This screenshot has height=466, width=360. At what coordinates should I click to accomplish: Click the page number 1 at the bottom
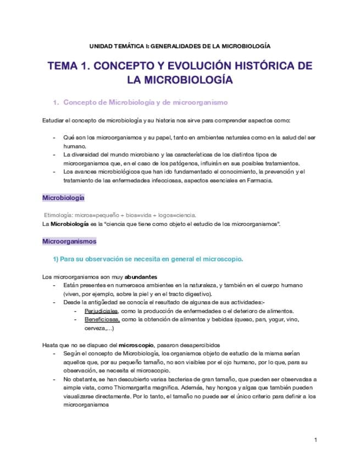pyautogui.click(x=315, y=440)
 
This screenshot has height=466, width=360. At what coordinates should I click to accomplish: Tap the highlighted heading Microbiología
pyautogui.click(x=63, y=197)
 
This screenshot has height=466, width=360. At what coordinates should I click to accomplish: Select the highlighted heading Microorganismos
pyautogui.click(x=69, y=241)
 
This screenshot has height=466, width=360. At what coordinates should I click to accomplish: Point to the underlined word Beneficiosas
pyautogui.click(x=102, y=319)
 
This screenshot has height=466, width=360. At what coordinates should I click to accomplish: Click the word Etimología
pyautogui.click(x=59, y=215)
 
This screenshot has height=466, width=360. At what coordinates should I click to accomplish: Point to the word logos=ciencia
pyautogui.click(x=179, y=215)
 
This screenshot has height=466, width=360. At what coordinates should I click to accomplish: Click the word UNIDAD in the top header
pyautogui.click(x=101, y=46)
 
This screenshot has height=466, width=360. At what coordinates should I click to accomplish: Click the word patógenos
pyautogui.click(x=200, y=163)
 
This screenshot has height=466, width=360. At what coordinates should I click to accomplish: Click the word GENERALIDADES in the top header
pyautogui.click(x=175, y=46)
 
